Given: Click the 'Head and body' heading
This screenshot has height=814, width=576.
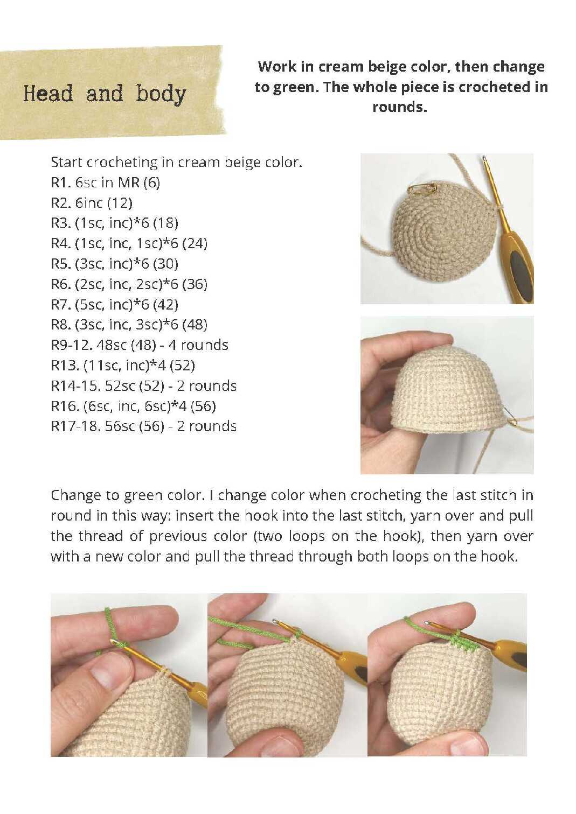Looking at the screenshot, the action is [105, 94].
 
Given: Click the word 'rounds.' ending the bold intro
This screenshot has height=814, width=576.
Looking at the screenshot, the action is [400, 107].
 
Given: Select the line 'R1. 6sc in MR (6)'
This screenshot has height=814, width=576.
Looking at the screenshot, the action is [106, 182].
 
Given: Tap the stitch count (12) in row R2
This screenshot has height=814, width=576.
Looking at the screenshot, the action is [120, 203].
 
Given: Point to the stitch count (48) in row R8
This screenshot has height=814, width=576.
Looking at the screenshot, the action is [195, 325].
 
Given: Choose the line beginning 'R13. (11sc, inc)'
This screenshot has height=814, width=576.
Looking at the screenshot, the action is [123, 365].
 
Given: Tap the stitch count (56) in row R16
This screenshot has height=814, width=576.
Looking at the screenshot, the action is [203, 406].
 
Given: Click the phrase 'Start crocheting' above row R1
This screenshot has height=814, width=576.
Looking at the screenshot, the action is [103, 162].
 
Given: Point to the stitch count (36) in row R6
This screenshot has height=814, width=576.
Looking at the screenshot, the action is [195, 284].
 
